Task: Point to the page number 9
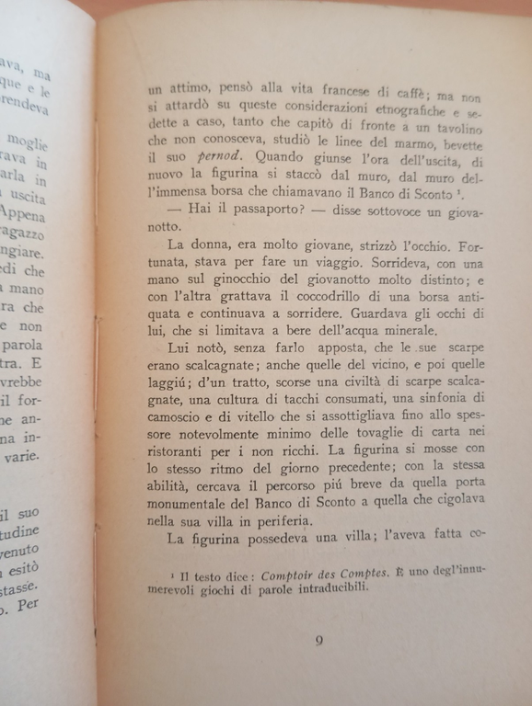[x=318, y=641]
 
